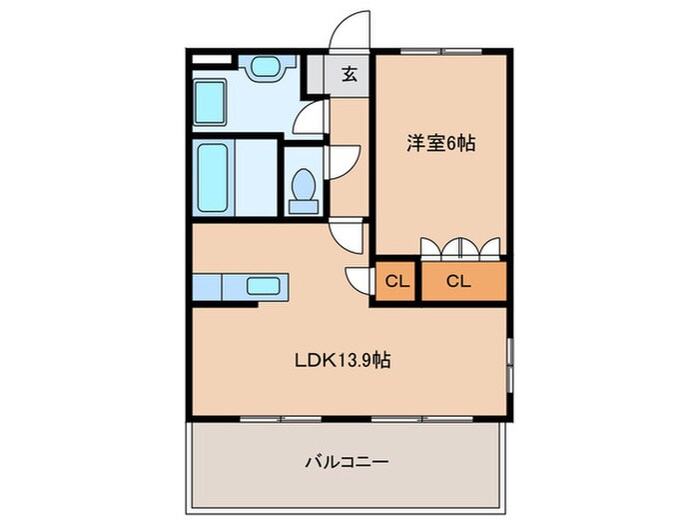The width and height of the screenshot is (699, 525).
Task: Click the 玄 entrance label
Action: click(x=349, y=74)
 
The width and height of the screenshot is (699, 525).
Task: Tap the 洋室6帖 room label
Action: click(x=439, y=144)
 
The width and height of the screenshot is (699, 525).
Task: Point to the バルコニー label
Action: click(x=346, y=462)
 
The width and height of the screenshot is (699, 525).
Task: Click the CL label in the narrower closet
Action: click(x=396, y=282)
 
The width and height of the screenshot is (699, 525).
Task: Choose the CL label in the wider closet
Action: click(x=458, y=282)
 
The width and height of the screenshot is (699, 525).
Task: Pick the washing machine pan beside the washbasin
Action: click(x=210, y=102)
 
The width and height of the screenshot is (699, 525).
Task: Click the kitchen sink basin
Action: click(x=265, y=287)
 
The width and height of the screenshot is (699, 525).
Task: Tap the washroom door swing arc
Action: click(x=312, y=117)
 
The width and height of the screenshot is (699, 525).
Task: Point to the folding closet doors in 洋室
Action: click(x=460, y=247)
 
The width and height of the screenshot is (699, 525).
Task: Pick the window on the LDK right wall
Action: click(x=510, y=365)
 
